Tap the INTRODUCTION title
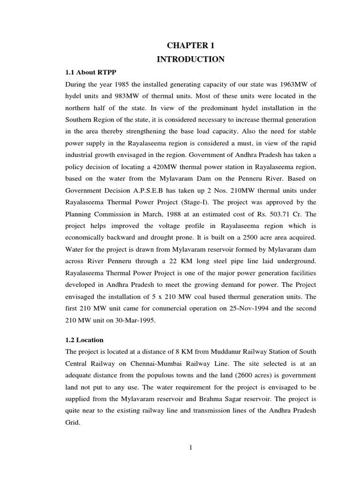coord(191,60)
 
